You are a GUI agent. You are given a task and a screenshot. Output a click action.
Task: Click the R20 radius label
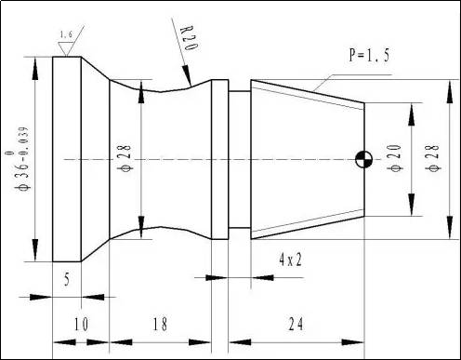(x=189, y=38)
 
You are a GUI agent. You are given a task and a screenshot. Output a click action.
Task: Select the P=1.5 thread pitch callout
(x=369, y=55)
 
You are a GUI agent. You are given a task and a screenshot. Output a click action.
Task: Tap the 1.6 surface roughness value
(x=66, y=34)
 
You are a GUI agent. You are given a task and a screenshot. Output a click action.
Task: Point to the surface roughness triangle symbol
(x=66, y=49)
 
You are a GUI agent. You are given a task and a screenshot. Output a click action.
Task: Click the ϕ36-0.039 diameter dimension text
(x=22, y=158)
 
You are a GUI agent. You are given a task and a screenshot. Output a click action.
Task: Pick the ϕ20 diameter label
(x=396, y=158)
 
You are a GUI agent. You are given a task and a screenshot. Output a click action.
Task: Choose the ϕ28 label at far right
(x=434, y=158)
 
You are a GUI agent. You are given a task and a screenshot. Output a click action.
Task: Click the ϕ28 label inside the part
(x=125, y=158)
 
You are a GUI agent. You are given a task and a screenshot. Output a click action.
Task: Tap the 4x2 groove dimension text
(x=290, y=260)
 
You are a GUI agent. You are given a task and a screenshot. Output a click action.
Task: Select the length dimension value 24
(x=296, y=325)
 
